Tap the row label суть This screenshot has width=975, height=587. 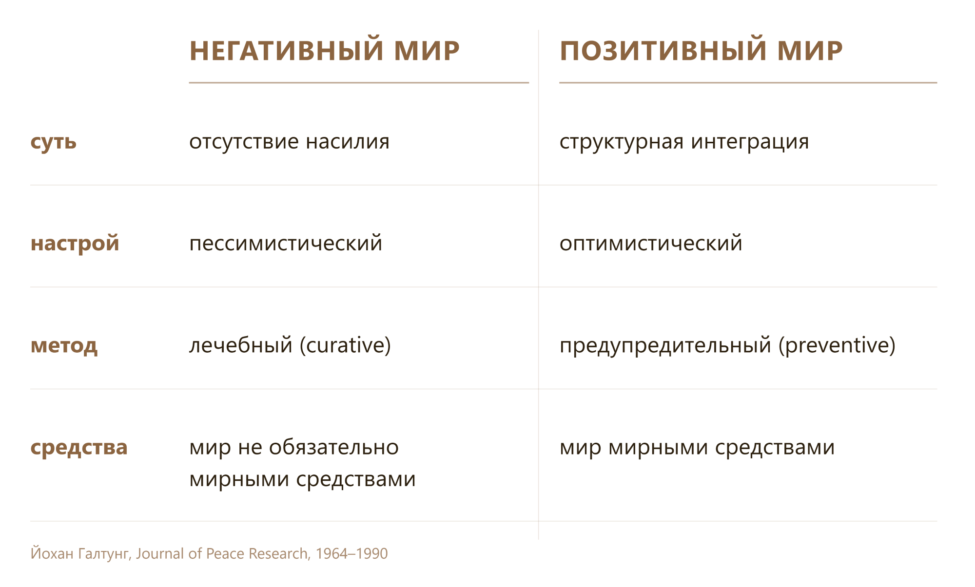click(x=54, y=142)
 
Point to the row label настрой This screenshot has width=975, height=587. click(x=75, y=243)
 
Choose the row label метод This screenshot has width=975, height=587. click(x=64, y=345)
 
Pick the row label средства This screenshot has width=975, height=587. click(x=79, y=447)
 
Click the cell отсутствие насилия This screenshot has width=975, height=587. click(x=290, y=142)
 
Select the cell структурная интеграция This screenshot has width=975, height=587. click(x=684, y=142)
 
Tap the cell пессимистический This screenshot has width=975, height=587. click(x=286, y=243)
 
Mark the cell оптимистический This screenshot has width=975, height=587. click(x=651, y=243)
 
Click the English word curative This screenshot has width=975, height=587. click(x=345, y=345)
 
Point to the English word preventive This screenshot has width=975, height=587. click(x=837, y=345)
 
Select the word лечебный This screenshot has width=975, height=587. click(x=241, y=345)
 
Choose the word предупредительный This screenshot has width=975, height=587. click(x=665, y=345)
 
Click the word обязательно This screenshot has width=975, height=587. click(x=334, y=447)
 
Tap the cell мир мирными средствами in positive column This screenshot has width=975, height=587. click(x=697, y=447)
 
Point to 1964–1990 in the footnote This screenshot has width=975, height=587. click(x=351, y=553)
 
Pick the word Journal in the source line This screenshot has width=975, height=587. click(x=160, y=553)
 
